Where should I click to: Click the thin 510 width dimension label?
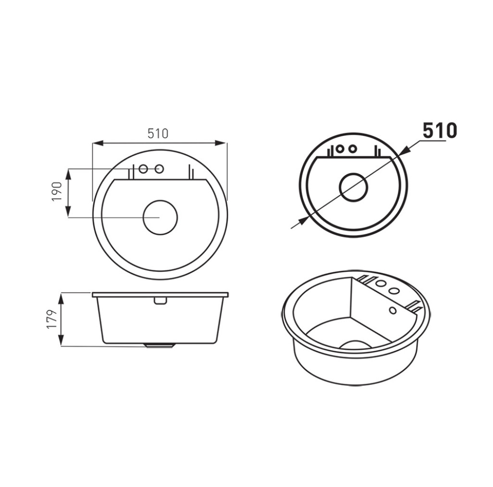point(158,133)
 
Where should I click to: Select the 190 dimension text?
point(57,192)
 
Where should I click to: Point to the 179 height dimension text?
point(52,319)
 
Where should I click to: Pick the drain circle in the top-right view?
point(353,187)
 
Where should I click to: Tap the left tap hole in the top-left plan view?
point(143,169)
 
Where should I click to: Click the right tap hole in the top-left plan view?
point(160,169)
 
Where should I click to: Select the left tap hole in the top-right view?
point(340,148)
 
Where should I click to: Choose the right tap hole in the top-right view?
point(353,148)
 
